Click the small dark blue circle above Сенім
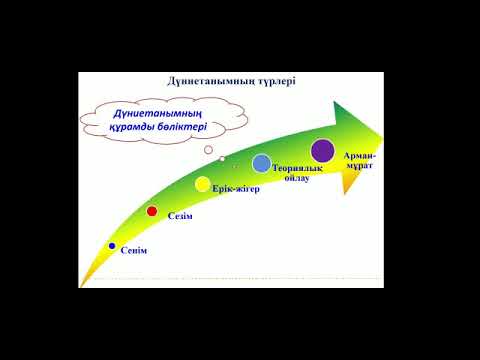click(x=112, y=245)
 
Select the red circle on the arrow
click(x=152, y=211)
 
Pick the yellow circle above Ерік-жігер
click(x=202, y=184)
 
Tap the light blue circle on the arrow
click(x=261, y=163)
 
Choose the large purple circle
click(x=322, y=151)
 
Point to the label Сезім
click(x=179, y=216)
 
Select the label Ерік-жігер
click(x=235, y=189)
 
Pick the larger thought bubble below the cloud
click(x=209, y=149)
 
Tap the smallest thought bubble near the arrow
click(x=222, y=158)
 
